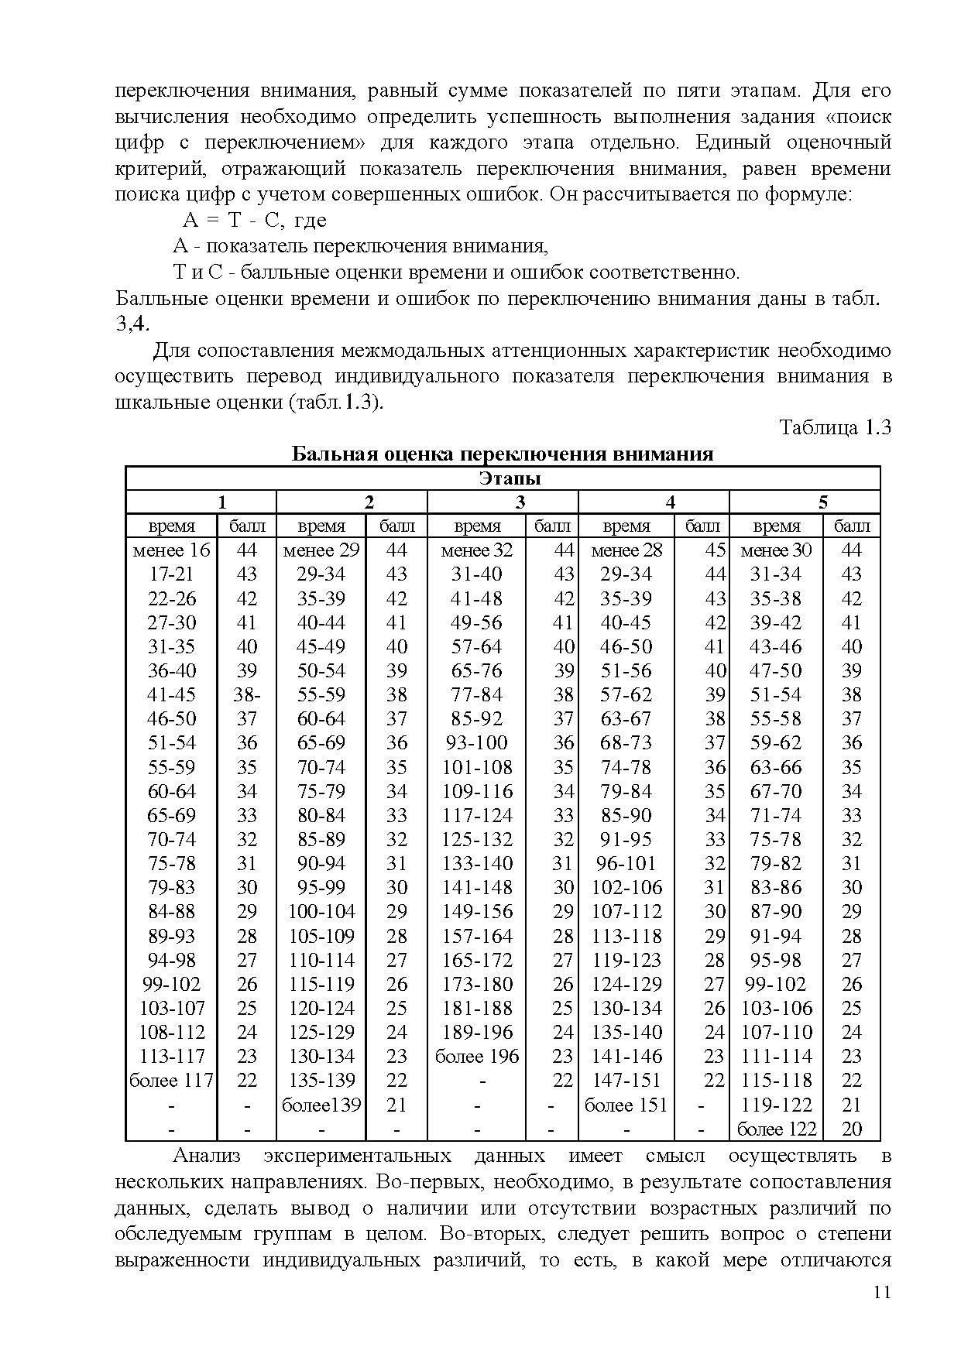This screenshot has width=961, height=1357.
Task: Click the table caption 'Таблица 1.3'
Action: [835, 428]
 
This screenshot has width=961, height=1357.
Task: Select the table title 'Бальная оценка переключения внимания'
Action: [502, 454]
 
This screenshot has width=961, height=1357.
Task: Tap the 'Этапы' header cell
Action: [502, 478]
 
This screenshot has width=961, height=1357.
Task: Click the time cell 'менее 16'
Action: [171, 550]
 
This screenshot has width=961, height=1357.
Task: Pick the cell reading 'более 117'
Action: [171, 1081]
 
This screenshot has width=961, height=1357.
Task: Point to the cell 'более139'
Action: [321, 1105]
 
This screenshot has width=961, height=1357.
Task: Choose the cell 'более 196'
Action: [476, 1057]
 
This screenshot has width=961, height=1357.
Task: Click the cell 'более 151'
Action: [626, 1105]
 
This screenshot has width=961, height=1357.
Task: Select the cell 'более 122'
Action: [776, 1129]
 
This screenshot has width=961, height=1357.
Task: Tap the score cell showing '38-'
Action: [247, 695]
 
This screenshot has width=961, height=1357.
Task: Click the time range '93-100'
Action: [476, 743]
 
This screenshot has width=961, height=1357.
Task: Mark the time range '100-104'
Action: [321, 912]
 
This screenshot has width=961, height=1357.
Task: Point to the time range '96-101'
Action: [626, 864]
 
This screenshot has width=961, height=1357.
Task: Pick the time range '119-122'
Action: [776, 1105]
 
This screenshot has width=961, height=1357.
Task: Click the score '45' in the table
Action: [715, 550]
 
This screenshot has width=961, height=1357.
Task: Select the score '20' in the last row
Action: [851, 1129]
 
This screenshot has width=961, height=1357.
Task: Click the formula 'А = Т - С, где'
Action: [255, 221]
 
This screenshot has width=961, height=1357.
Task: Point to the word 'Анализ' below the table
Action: [206, 1157]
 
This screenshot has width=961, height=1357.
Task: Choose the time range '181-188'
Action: [476, 1009]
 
